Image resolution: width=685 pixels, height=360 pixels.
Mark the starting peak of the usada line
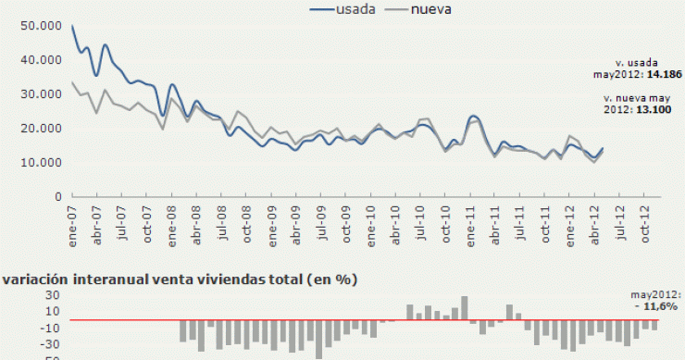72,26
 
